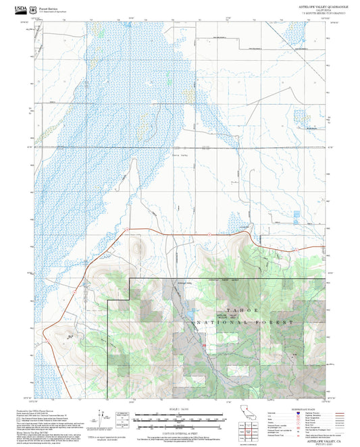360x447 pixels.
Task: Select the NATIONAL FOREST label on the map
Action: (245, 323)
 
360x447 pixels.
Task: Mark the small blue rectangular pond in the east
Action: (297, 215)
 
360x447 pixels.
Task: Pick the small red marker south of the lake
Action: (203, 345)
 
